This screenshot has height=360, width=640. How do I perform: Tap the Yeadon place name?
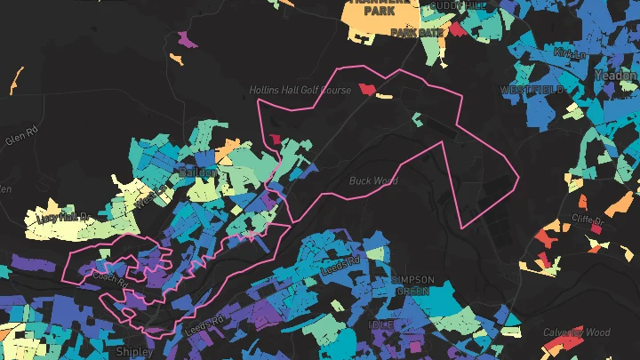click(616, 76)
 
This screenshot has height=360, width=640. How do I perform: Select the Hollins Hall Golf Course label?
click(300, 90)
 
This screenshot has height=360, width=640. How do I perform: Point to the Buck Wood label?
click(372, 180)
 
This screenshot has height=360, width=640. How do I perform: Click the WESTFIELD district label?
click(532, 91)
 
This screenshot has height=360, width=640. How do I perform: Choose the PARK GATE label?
click(417, 33)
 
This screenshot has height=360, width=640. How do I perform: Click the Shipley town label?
click(135, 351)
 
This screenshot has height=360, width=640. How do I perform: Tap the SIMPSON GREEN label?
click(413, 285)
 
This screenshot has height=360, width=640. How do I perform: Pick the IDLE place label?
click(380, 325)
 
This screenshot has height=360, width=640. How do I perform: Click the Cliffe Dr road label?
click(588, 220)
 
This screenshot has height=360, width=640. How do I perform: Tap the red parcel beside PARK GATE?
click(457, 29)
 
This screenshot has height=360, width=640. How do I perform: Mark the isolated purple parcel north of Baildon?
click(187, 40)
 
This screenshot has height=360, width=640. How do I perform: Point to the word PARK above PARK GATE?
click(379, 11)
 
